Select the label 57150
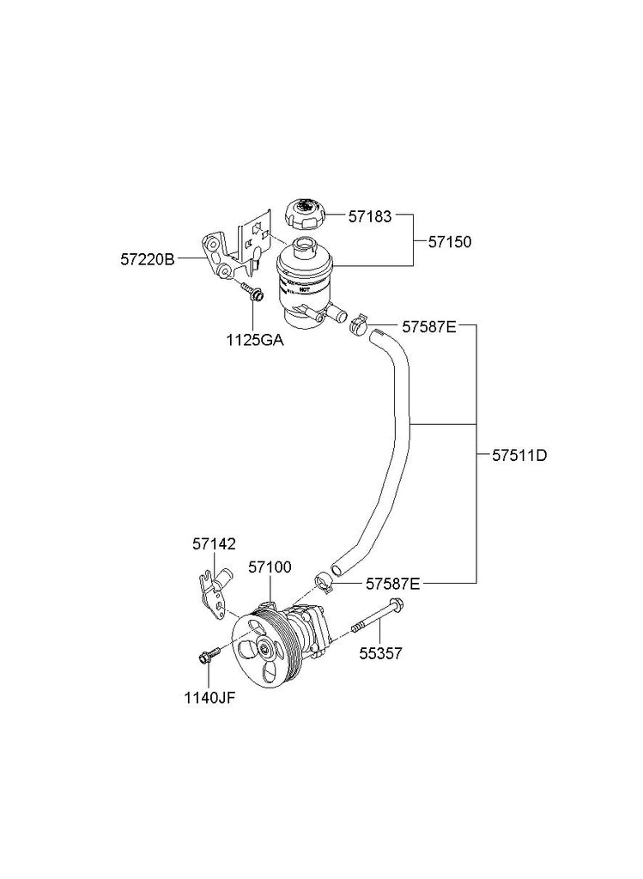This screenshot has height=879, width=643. pos(450,242)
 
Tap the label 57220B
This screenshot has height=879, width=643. pos(148,257)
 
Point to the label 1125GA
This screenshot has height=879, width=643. pos(255,339)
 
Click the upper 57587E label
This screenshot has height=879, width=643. pos(428,326)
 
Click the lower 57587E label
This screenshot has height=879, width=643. pos(392,584)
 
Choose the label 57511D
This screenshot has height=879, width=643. pos(519,455)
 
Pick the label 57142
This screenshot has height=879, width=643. pos(214,544)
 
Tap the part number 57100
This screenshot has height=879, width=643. pos(270,567)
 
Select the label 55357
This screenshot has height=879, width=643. pos(380,653)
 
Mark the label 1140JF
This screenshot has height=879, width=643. pos(209,697)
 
